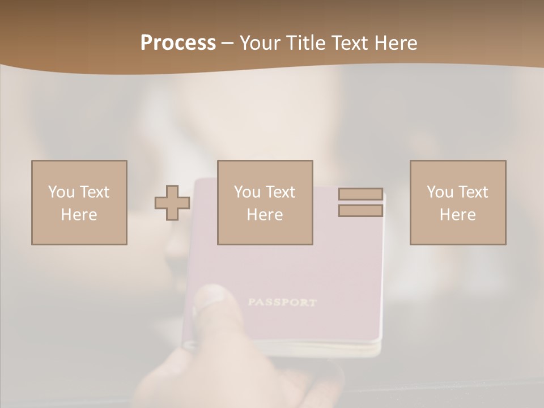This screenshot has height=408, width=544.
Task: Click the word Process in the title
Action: click(x=178, y=43)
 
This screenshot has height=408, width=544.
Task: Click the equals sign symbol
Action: click(x=360, y=202)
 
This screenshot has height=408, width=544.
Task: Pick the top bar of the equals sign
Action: click(x=360, y=194)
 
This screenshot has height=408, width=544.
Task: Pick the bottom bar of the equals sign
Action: click(x=360, y=211)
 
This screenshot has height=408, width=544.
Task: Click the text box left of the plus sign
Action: click(x=79, y=202)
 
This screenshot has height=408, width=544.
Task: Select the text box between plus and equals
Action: click(x=265, y=202)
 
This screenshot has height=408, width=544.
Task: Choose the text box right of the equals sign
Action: click(x=457, y=202)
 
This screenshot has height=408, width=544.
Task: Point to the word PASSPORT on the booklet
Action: click(x=282, y=302)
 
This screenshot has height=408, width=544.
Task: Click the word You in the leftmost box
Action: click(x=61, y=192)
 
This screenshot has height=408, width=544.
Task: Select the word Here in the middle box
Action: click(x=265, y=215)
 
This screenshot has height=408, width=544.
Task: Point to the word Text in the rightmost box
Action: click(x=473, y=192)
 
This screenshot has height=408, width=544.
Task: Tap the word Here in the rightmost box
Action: click(x=457, y=215)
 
